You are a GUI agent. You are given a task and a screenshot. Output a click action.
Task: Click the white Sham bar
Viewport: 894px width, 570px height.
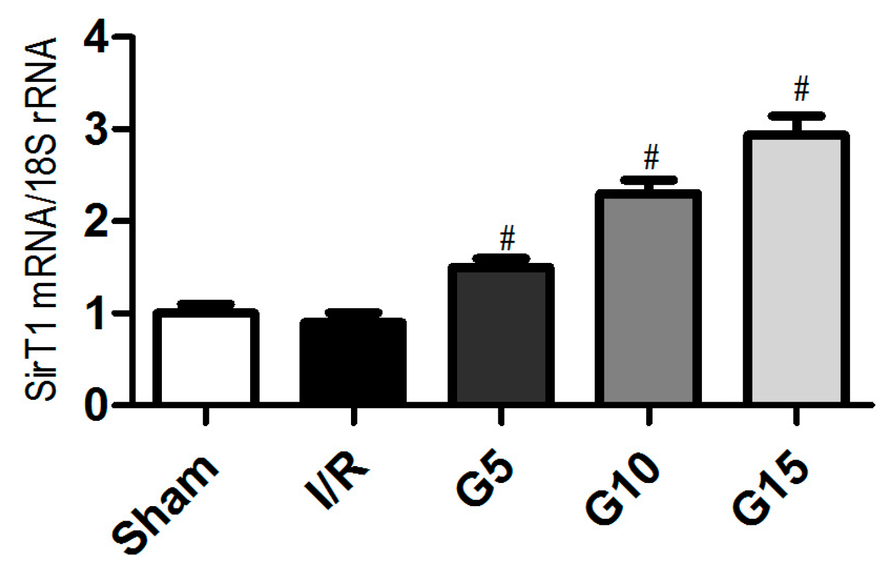pos(205,357)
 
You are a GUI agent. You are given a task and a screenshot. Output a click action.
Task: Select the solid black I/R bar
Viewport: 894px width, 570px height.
pos(353,361)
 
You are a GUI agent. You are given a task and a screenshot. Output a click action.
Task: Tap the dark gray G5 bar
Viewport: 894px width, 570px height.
pos(501,334)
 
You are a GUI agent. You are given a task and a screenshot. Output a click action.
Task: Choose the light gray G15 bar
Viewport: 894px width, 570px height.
pos(796,268)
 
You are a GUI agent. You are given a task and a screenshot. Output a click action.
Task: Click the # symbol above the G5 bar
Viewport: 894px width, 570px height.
pos(508,239)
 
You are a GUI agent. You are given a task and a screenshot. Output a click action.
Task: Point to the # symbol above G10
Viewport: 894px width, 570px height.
pos(652,157)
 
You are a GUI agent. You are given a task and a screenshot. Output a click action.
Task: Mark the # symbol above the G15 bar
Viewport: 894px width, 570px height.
pos(801,89)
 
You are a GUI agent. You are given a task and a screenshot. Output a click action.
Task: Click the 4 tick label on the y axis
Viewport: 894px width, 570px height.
pos(96,38)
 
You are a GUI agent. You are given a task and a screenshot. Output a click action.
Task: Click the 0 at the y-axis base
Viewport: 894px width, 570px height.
pos(96,405)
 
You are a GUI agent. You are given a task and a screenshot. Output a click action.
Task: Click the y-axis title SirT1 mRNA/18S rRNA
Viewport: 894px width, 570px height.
pos(42,219)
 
